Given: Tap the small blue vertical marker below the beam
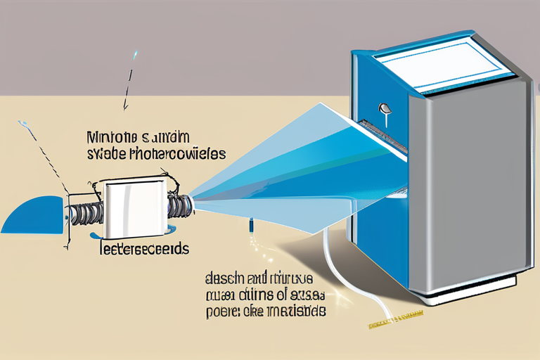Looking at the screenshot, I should (250, 227).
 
